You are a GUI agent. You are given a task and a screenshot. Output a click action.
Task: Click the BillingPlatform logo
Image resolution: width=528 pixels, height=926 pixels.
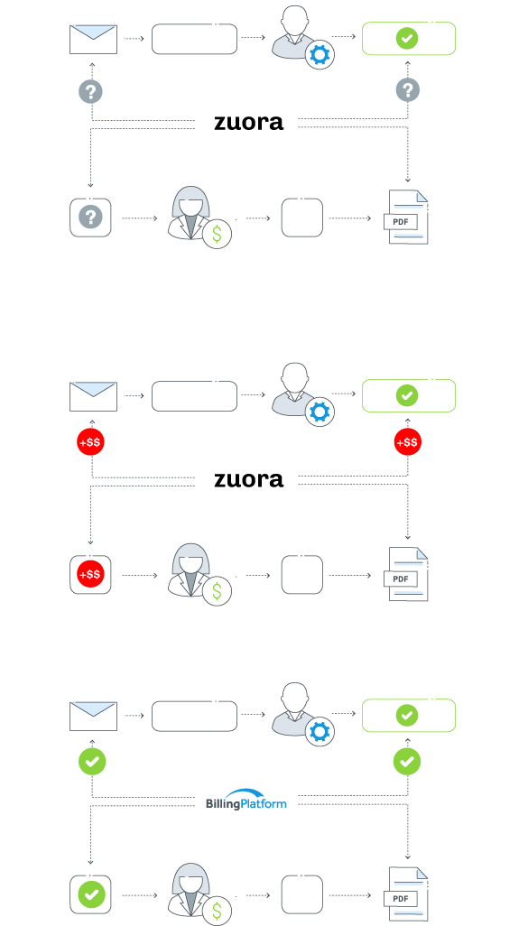246,799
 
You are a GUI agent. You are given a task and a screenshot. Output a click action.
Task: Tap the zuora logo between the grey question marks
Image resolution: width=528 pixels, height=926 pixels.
248,122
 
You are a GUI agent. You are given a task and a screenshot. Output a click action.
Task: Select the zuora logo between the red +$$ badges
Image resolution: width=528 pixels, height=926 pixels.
248,479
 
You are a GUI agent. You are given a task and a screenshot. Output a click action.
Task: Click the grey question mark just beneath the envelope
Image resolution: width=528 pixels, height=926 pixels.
91,91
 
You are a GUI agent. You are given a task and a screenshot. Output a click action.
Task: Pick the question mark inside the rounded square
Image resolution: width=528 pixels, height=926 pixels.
90,217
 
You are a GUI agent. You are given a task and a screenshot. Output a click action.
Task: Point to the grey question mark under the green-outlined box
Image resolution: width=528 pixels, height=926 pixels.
408,90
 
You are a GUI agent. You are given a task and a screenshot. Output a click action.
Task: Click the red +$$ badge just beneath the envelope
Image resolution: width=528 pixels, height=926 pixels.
91,442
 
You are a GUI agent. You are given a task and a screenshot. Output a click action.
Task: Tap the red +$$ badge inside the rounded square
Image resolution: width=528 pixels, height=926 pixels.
90,574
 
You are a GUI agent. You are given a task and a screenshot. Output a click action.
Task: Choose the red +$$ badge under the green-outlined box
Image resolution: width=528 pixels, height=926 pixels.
408,442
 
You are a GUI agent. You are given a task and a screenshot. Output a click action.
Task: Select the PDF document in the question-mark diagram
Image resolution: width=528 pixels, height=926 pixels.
406,217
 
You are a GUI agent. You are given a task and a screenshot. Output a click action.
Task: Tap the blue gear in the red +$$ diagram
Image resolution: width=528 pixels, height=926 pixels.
320,412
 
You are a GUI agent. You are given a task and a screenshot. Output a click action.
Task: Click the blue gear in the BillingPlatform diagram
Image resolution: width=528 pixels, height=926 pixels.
320,732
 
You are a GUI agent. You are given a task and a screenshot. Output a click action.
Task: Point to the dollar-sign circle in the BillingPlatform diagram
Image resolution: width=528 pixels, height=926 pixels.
217,911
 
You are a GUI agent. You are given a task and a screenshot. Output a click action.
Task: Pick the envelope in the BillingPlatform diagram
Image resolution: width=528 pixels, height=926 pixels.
93,716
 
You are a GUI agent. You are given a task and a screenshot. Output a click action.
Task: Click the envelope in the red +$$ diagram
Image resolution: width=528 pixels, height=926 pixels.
93,396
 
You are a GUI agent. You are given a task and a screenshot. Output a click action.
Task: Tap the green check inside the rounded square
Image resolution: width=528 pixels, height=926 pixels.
91,895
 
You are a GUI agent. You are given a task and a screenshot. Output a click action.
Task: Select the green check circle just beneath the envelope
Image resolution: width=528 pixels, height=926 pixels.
92,762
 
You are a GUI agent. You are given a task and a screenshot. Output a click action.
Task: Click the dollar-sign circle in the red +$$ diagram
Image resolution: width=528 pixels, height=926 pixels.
217,591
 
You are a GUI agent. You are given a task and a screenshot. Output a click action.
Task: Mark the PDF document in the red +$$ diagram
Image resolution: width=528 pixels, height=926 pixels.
406,575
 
